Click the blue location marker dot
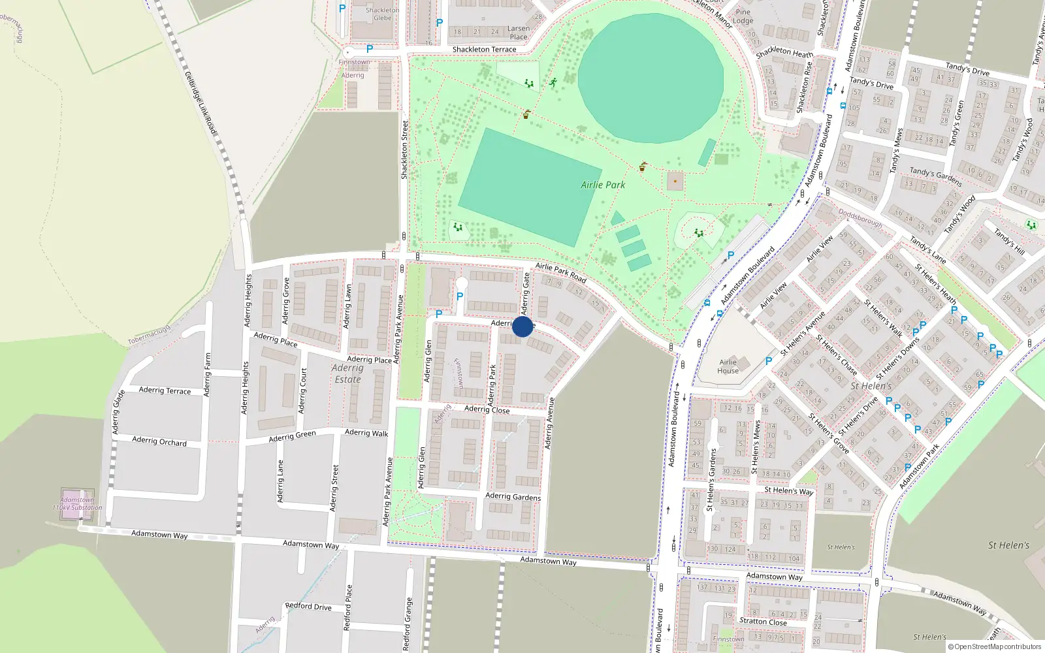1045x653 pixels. tap(522, 326)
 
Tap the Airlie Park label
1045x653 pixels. tap(603, 185)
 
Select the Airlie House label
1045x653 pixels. tap(728, 366)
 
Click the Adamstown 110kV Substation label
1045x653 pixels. tap(77, 503)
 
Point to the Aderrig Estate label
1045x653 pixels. tap(347, 374)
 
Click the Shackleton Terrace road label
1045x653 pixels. tap(484, 50)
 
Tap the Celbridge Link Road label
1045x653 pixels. tap(201, 103)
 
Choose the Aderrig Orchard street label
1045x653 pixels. tap(159, 441)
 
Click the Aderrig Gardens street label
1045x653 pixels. tap(513, 497)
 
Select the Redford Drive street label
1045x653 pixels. tap(308, 607)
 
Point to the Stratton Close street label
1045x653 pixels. tap(763, 621)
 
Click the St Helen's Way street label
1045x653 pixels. tap(788, 490)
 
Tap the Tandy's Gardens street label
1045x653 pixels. tap(935, 176)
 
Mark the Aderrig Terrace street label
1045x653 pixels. tap(165, 390)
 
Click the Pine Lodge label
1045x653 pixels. tap(743, 16)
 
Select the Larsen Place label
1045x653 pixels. tap(519, 33)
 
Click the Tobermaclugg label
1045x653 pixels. tap(149, 336)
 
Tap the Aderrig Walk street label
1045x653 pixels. tap(366, 433)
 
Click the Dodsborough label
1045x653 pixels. tap(860, 219)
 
